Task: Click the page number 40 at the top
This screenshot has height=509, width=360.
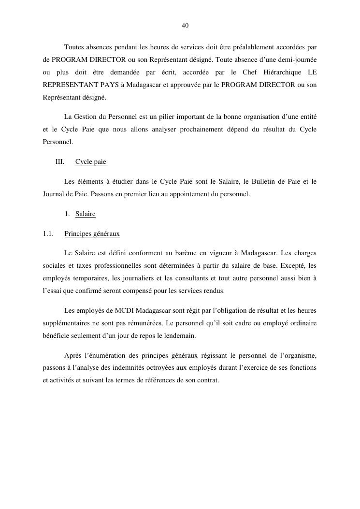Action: click(185, 25)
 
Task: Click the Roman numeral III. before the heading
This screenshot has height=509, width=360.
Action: click(60, 162)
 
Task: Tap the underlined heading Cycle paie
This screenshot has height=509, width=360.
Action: click(90, 162)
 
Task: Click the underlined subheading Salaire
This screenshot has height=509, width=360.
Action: click(86, 214)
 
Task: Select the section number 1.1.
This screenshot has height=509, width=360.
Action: click(48, 234)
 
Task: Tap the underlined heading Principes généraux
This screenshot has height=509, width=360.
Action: click(92, 234)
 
